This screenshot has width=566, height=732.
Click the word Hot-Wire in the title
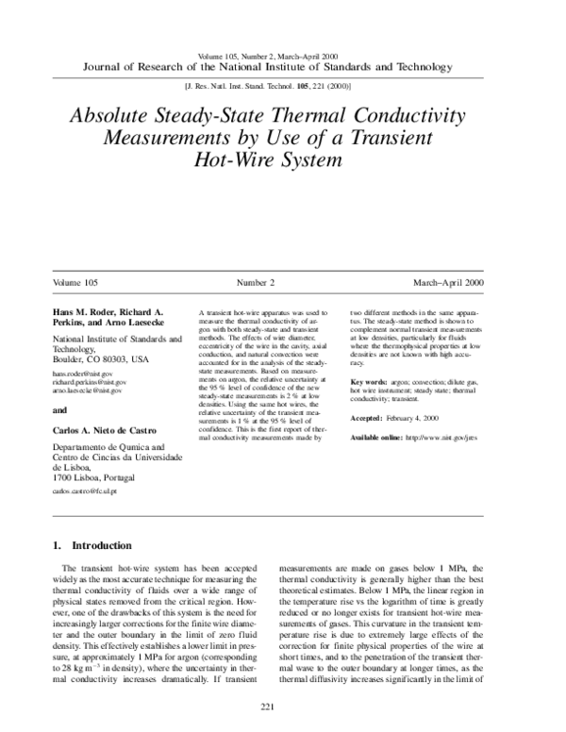230,159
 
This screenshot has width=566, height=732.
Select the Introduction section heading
107,545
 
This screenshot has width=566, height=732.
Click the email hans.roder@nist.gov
82,374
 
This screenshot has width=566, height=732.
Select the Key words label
370,381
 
